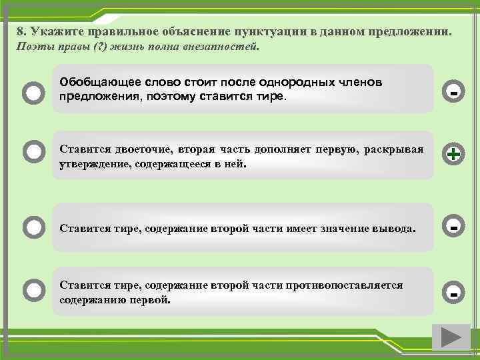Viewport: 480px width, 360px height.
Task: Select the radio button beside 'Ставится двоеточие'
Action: [x=33, y=153]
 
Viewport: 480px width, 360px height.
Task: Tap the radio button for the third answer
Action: [x=33, y=227]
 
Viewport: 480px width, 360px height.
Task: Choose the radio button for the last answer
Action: [x=33, y=289]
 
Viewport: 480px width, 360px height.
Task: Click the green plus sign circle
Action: [x=453, y=154]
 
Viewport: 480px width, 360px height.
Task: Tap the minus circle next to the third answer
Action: [x=453, y=227]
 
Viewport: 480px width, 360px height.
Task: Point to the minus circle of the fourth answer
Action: [x=453, y=292]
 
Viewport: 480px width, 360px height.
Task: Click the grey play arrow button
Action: [x=451, y=337]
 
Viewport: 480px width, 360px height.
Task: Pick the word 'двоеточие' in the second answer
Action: [x=141, y=149]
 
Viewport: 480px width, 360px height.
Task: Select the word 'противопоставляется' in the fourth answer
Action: [x=344, y=285]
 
